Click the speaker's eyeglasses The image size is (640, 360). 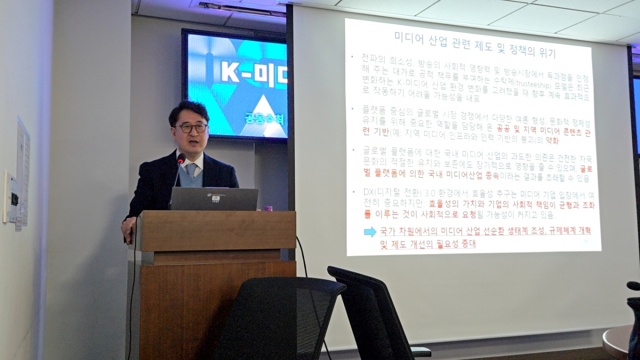coord(192,127)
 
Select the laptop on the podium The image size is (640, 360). coord(214,199)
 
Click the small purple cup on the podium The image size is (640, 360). coord(268,207)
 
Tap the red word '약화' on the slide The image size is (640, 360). coord(551,140)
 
